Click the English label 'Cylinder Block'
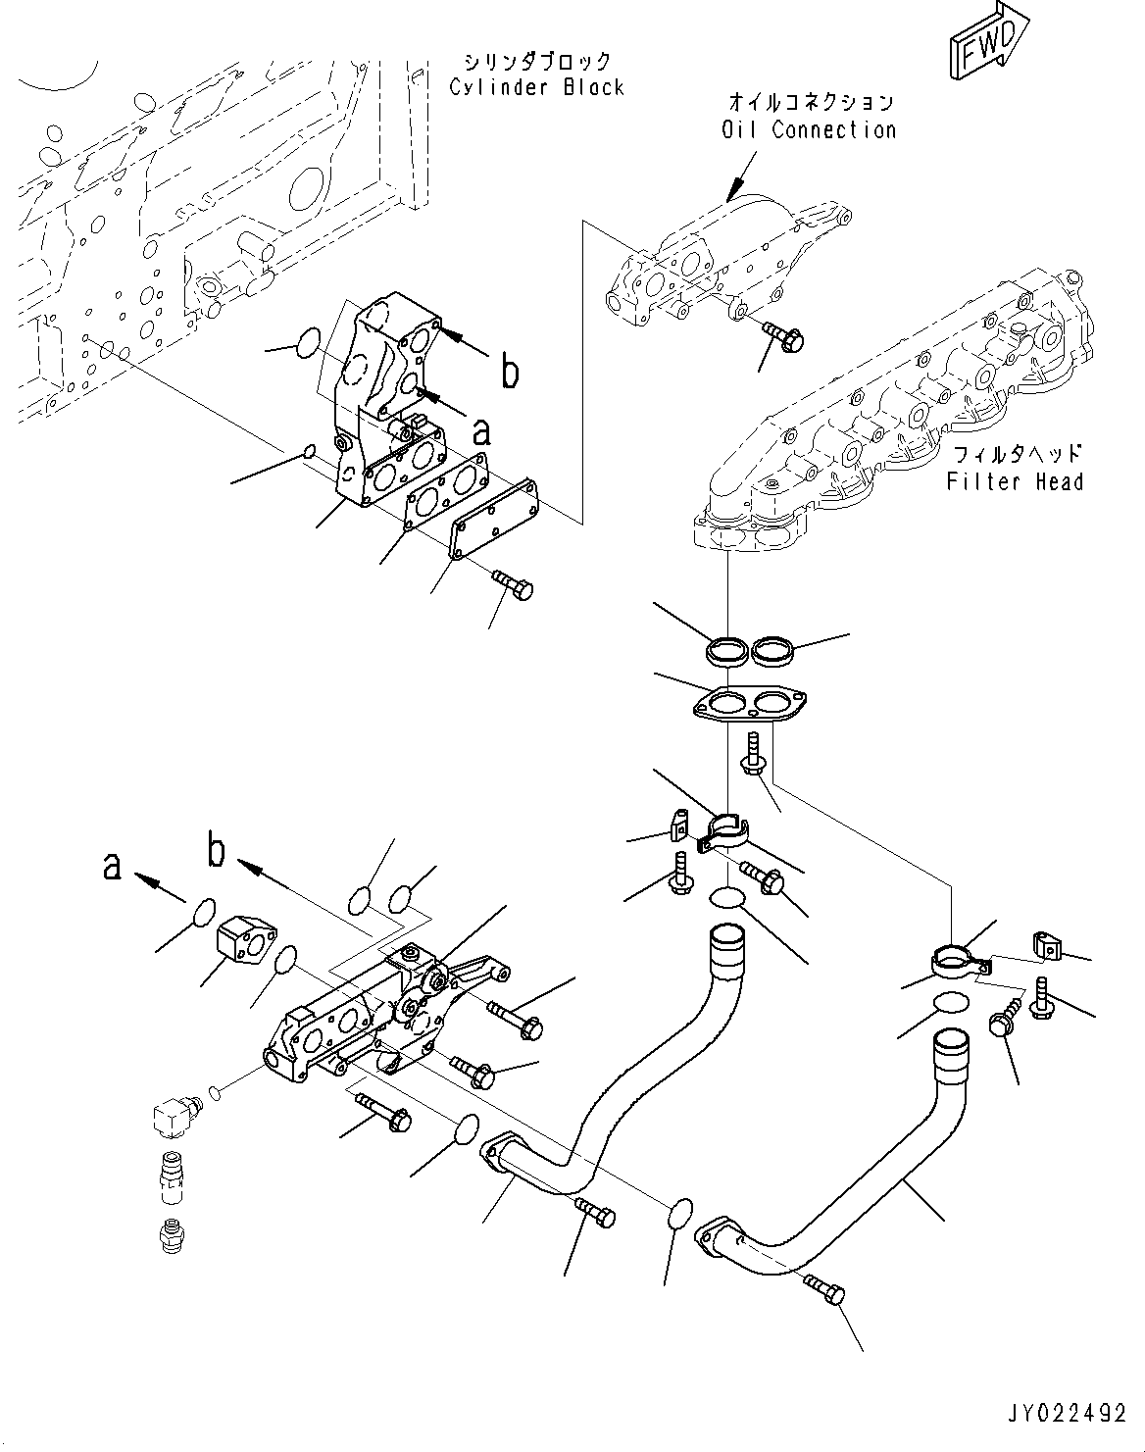(536, 87)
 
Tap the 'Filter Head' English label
(1015, 480)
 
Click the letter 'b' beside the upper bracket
(510, 372)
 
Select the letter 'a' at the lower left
(114, 865)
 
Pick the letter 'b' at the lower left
(217, 850)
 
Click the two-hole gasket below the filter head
(749, 705)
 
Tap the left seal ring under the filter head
(726, 649)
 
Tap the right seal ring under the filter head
(771, 649)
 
